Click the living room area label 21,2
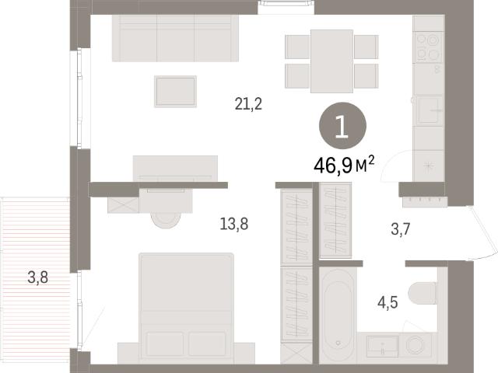pos(248,103)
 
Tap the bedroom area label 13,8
pos(234,224)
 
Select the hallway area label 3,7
pos(401,229)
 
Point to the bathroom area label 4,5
pos(388,302)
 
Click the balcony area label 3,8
pos(38,277)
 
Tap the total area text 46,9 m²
pos(344,166)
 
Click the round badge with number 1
pos(342,126)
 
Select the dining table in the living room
pos(331,61)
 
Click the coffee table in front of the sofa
pos(175,92)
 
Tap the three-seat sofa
pos(175,38)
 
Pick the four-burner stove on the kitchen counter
pos(428,47)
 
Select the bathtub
pos(338,315)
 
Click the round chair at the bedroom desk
pos(166,220)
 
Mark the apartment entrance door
pos(483,233)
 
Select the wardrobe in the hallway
pos(335,220)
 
